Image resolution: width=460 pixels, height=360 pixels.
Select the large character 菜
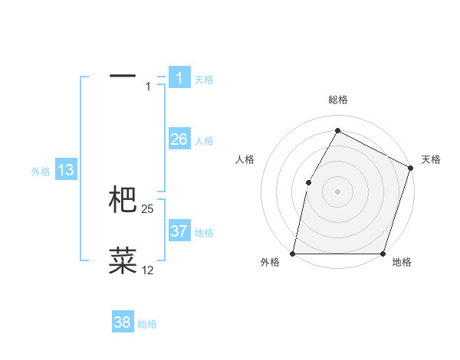(123, 260)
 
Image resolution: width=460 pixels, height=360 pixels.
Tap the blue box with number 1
(179, 77)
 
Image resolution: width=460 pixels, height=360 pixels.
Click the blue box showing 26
(179, 139)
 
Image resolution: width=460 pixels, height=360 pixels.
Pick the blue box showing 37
(179, 231)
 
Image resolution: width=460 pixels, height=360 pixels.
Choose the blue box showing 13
(66, 170)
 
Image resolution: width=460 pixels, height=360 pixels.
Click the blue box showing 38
(123, 322)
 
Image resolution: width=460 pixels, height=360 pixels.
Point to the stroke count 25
(148, 208)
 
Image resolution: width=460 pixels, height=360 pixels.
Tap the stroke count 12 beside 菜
(148, 270)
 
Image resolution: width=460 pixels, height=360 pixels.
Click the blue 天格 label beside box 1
(204, 79)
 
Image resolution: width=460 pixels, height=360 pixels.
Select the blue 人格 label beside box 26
(204, 141)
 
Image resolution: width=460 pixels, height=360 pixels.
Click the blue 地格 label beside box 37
(204, 233)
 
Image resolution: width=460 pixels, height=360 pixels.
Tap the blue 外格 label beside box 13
(41, 172)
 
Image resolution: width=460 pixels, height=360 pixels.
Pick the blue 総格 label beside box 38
(147, 324)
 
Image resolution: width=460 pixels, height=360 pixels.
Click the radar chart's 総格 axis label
(337, 100)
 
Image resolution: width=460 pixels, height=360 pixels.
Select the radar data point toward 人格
(308, 182)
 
